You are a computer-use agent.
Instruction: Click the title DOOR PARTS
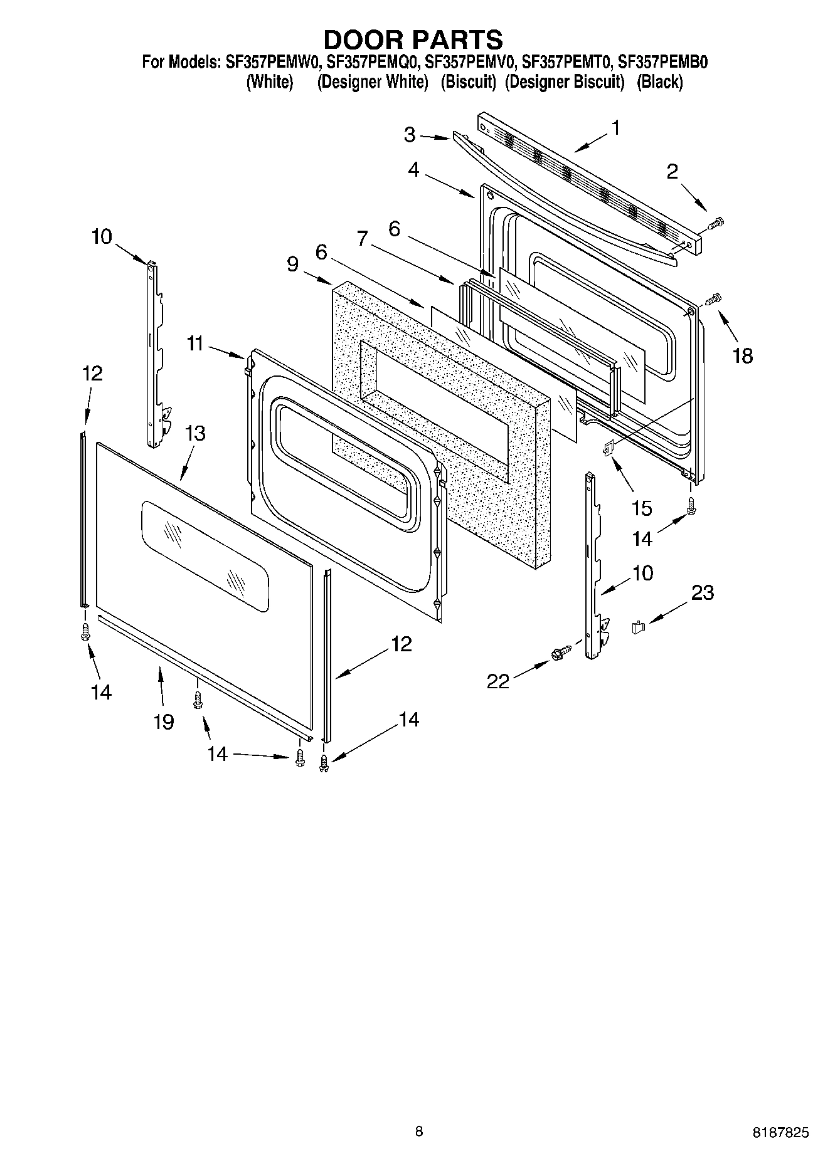point(413,39)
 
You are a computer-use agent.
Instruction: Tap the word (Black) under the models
point(659,82)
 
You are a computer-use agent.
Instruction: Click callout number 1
point(616,128)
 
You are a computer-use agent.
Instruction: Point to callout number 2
point(673,171)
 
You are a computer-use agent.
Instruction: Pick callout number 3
point(410,135)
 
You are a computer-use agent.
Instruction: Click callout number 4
point(413,169)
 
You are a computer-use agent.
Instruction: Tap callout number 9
point(293,264)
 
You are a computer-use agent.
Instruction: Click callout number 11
point(195,343)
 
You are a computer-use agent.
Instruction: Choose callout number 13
point(195,433)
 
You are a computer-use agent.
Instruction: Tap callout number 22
point(499,681)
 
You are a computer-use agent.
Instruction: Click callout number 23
point(703,592)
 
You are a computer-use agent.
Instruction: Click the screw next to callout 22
point(559,653)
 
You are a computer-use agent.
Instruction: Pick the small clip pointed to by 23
point(639,626)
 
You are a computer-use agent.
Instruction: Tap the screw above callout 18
point(714,300)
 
